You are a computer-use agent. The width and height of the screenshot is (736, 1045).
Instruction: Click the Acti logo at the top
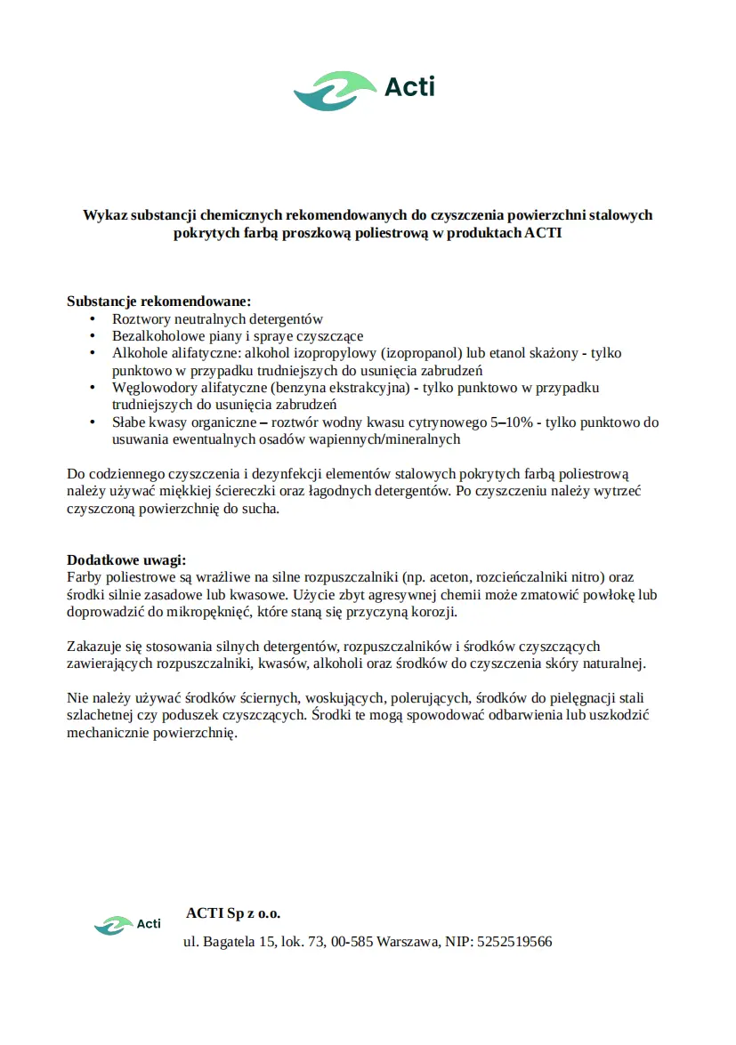pyautogui.click(x=364, y=90)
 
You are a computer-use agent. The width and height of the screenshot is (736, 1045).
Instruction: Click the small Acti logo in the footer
pyautogui.click(x=127, y=925)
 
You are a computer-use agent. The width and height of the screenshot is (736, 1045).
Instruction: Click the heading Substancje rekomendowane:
pyautogui.click(x=159, y=301)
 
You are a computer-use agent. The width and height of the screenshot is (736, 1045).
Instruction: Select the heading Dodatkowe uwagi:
pyautogui.click(x=126, y=559)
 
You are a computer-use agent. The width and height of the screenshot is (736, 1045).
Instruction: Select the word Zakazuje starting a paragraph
pyautogui.click(x=94, y=647)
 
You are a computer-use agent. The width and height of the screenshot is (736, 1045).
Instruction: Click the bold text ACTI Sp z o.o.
pyautogui.click(x=233, y=913)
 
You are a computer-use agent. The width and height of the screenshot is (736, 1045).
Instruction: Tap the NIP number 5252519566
pyautogui.click(x=514, y=941)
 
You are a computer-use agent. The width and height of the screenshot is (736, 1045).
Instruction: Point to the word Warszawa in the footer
pyautogui.click(x=407, y=941)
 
